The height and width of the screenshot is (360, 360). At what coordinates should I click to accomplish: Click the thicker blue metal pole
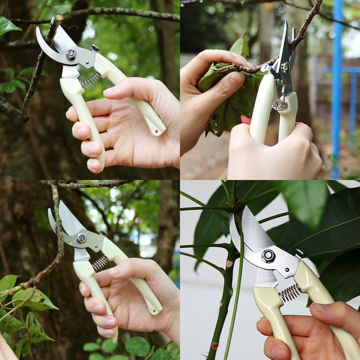[337, 77]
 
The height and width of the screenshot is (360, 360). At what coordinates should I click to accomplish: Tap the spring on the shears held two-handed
[280, 105]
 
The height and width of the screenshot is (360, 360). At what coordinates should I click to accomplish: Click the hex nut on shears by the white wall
[268, 256]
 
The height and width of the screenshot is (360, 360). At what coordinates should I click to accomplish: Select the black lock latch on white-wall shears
[299, 253]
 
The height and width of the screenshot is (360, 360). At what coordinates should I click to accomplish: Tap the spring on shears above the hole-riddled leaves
[100, 263]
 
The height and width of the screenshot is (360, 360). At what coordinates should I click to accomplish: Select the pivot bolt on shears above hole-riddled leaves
[81, 238]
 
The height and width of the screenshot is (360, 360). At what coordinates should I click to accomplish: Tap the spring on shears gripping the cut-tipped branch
[91, 80]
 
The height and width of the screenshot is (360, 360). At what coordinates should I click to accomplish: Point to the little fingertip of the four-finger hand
[94, 165]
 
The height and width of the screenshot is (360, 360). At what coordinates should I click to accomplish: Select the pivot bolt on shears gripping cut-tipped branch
[71, 54]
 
